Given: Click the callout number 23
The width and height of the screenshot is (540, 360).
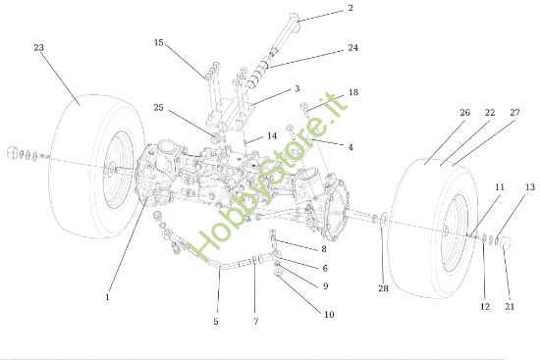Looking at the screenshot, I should tap(37, 47).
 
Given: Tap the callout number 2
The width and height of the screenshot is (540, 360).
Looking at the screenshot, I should tap(350, 9).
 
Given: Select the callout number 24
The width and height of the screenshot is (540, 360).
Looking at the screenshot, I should tap(352, 48).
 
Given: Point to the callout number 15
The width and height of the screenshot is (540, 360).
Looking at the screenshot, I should tap(159, 43).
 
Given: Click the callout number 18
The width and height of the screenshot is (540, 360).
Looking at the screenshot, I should tap(352, 92).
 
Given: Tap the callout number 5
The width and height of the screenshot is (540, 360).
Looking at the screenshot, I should tap(216, 321).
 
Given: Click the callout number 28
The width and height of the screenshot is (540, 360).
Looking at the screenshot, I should tap(382, 288).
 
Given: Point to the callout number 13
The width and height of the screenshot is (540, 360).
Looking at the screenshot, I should tap(529, 186).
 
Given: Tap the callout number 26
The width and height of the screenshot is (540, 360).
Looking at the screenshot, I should tap(464, 113).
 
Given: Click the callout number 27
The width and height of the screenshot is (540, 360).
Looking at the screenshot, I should tap(513, 113).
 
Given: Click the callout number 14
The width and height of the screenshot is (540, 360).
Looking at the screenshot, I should tap(272, 135).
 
